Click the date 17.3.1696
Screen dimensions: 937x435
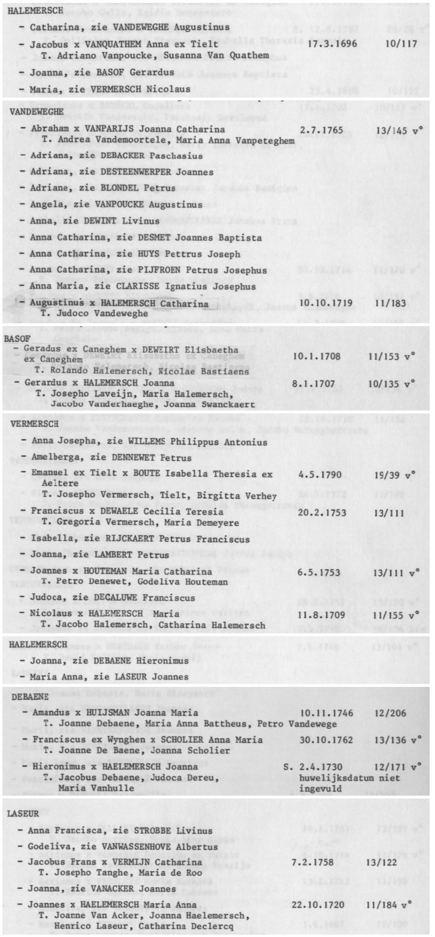click(x=332, y=44)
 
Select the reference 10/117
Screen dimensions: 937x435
click(x=401, y=44)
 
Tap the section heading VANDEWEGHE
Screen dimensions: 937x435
click(x=37, y=112)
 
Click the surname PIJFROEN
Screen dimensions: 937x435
click(x=156, y=270)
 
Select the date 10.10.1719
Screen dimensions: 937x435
click(x=326, y=303)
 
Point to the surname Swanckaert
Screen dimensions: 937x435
click(x=227, y=404)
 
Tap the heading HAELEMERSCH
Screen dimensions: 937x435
click(x=38, y=644)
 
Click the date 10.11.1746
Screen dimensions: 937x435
click(x=327, y=713)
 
